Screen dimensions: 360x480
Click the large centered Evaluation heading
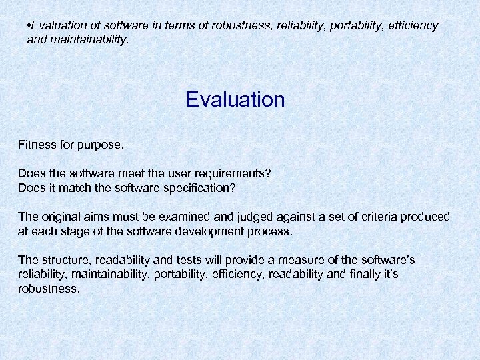coord(235,100)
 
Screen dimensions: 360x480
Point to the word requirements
coord(233,174)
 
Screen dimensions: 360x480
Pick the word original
coord(61,217)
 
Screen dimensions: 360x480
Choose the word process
coord(271,231)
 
